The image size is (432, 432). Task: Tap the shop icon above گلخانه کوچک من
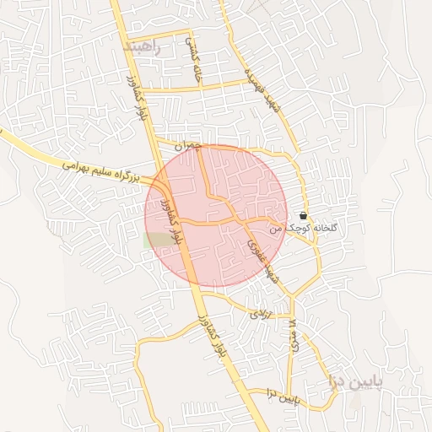pyautogui.click(x=303, y=216)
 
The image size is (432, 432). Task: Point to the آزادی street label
pyautogui.click(x=258, y=313)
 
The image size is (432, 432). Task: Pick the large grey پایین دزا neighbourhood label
pyautogui.click(x=355, y=381)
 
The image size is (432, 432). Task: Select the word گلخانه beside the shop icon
pyautogui.click(x=325, y=227)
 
